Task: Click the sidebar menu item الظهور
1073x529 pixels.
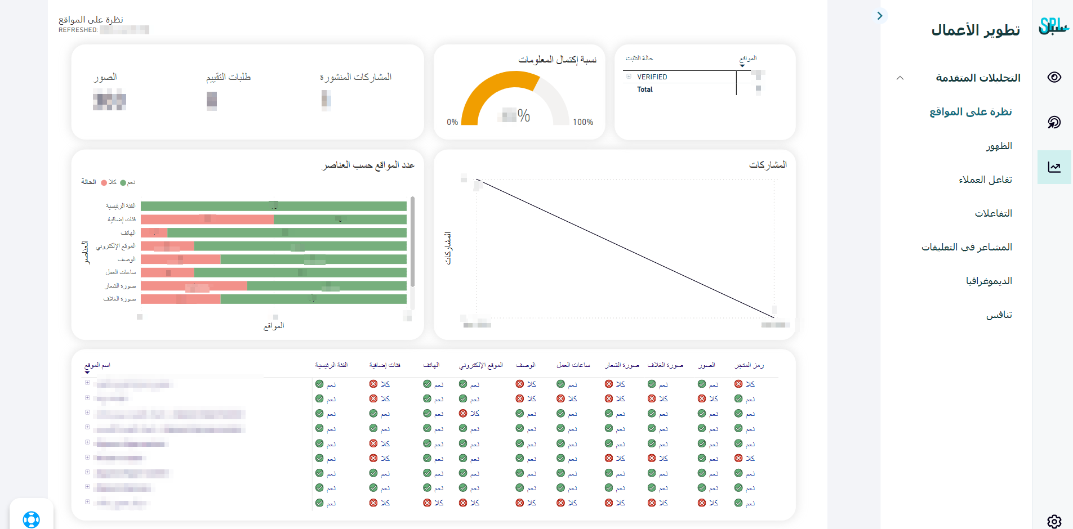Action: click(x=999, y=146)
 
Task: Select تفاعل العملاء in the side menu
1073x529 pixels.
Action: click(x=985, y=180)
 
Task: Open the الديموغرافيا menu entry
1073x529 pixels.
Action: click(x=989, y=281)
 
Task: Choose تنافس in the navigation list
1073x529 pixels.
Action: click(x=999, y=315)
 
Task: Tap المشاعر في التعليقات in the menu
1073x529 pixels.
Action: click(x=967, y=247)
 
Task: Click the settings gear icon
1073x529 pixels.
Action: click(x=1054, y=521)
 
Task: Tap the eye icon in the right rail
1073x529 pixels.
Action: click(x=1054, y=77)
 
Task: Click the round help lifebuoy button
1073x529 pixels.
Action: click(x=32, y=518)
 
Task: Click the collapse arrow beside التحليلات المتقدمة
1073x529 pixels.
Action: click(x=900, y=78)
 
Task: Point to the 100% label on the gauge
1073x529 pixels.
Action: click(x=583, y=122)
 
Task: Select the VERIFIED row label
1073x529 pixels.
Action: click(x=652, y=77)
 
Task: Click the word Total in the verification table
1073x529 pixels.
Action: click(x=645, y=89)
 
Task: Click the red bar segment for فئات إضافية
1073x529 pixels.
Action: click(x=207, y=219)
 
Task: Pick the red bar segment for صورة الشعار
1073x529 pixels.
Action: click(x=193, y=286)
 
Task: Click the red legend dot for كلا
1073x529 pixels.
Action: click(x=104, y=182)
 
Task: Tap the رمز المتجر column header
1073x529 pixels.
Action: click(x=749, y=365)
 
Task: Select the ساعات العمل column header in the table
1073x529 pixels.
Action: click(x=573, y=365)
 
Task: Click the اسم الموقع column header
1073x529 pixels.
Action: click(x=97, y=365)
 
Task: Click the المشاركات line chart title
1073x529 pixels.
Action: click(x=768, y=165)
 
